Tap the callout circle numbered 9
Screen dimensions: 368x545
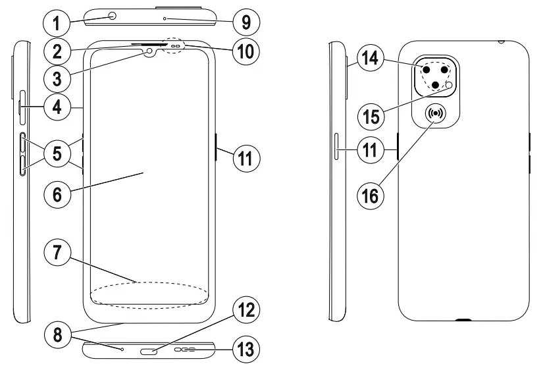click(246, 24)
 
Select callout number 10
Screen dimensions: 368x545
click(246, 51)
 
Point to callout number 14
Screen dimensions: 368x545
click(373, 59)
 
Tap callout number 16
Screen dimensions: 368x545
click(373, 195)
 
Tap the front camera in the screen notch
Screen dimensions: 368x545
click(150, 51)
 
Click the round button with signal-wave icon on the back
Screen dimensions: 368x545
click(436, 114)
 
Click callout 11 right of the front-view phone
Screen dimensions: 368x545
click(246, 158)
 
